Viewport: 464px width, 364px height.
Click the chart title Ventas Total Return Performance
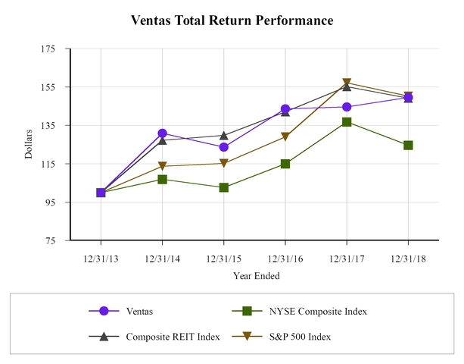click(232, 20)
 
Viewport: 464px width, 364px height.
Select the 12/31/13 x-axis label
click(101, 259)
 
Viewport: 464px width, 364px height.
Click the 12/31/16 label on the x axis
click(285, 259)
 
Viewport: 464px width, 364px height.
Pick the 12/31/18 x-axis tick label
click(408, 259)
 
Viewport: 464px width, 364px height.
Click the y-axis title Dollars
click(29, 144)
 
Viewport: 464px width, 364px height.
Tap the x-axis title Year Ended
click(254, 276)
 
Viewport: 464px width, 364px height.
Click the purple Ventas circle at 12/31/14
click(163, 133)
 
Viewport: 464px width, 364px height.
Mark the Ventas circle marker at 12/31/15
click(224, 147)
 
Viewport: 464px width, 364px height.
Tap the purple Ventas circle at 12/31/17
click(347, 107)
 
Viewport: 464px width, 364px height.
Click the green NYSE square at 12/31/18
click(408, 145)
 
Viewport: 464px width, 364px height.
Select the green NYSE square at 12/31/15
click(224, 187)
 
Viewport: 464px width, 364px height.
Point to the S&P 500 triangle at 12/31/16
click(285, 137)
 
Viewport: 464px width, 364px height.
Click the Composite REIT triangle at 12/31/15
click(224, 136)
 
